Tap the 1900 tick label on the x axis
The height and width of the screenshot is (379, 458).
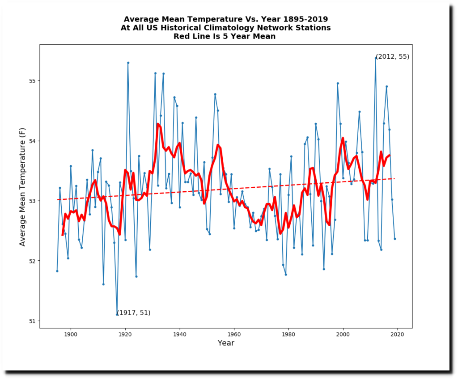pyautogui.click(x=70, y=334)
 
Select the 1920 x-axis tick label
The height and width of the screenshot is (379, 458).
pyautogui.click(x=125, y=334)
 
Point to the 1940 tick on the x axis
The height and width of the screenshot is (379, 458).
pyautogui.click(x=179, y=334)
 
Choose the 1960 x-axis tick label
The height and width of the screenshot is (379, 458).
pyautogui.click(x=234, y=334)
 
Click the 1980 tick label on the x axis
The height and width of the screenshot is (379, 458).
pyautogui.click(x=288, y=334)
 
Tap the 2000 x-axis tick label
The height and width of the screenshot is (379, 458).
pyautogui.click(x=343, y=334)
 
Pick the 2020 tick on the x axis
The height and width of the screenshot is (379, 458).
pyautogui.click(x=398, y=334)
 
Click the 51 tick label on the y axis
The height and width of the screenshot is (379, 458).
pyautogui.click(x=32, y=321)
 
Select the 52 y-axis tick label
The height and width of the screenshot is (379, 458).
pyautogui.click(x=32, y=261)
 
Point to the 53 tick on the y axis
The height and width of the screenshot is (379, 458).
pyautogui.click(x=32, y=201)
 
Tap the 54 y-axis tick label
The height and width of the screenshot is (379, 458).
pyautogui.click(x=32, y=141)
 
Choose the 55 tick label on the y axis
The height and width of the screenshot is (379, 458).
pyautogui.click(x=32, y=81)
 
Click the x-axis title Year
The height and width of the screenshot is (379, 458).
pyautogui.click(x=226, y=343)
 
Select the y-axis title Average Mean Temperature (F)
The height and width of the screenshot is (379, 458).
pyautogui.click(x=22, y=185)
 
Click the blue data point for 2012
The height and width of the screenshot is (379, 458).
pyautogui.click(x=376, y=58)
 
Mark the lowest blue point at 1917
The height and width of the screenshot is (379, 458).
pyautogui.click(x=117, y=314)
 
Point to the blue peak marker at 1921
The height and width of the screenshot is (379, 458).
pyautogui.click(x=128, y=63)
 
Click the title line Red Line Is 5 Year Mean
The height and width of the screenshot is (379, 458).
pyautogui.click(x=225, y=36)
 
